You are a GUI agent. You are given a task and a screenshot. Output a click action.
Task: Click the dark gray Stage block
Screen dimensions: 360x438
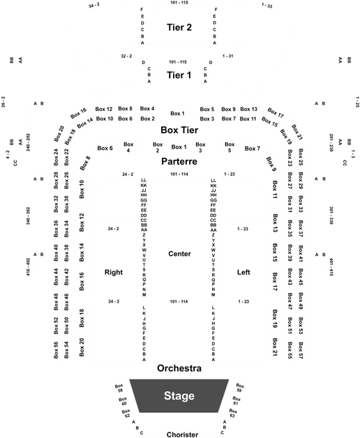[x=179, y=395]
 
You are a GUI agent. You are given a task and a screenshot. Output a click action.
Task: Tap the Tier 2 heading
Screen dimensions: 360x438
[x=179, y=27]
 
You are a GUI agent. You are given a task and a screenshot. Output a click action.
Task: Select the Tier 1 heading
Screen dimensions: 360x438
[x=179, y=75]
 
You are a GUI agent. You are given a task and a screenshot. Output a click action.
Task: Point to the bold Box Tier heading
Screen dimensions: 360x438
[x=179, y=130]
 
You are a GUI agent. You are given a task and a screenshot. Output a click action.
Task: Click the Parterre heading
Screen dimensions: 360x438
[x=179, y=161]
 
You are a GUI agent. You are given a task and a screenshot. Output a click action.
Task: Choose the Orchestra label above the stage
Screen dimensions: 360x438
[x=179, y=368]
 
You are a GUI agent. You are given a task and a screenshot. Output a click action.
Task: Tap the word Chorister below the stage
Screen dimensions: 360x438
[x=182, y=435]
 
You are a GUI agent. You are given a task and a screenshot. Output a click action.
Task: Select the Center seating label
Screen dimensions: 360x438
[x=179, y=254]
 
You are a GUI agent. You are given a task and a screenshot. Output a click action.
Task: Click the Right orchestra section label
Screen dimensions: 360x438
[x=114, y=272]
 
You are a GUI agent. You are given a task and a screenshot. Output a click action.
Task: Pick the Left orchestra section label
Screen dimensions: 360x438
[x=243, y=272]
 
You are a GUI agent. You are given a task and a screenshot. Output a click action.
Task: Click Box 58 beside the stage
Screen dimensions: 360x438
[x=119, y=388]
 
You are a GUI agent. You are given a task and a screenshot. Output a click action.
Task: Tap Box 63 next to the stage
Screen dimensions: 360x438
[x=233, y=413]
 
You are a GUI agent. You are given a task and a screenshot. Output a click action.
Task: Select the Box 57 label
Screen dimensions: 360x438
[x=301, y=350]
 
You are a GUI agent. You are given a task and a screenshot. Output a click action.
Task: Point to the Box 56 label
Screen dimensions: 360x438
[x=56, y=350]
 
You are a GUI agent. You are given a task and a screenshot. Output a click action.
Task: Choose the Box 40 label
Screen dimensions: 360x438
[x=56, y=252]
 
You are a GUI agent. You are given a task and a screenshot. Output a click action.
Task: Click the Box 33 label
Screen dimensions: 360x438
[x=301, y=204]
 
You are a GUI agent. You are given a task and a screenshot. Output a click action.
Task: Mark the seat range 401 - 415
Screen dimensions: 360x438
[x=331, y=267]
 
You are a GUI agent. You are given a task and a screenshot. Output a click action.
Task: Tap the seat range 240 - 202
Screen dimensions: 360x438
[x=28, y=142]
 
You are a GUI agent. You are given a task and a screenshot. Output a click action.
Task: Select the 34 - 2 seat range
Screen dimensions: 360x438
[x=94, y=5]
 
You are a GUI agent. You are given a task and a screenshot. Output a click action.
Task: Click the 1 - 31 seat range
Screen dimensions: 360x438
[x=228, y=56]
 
